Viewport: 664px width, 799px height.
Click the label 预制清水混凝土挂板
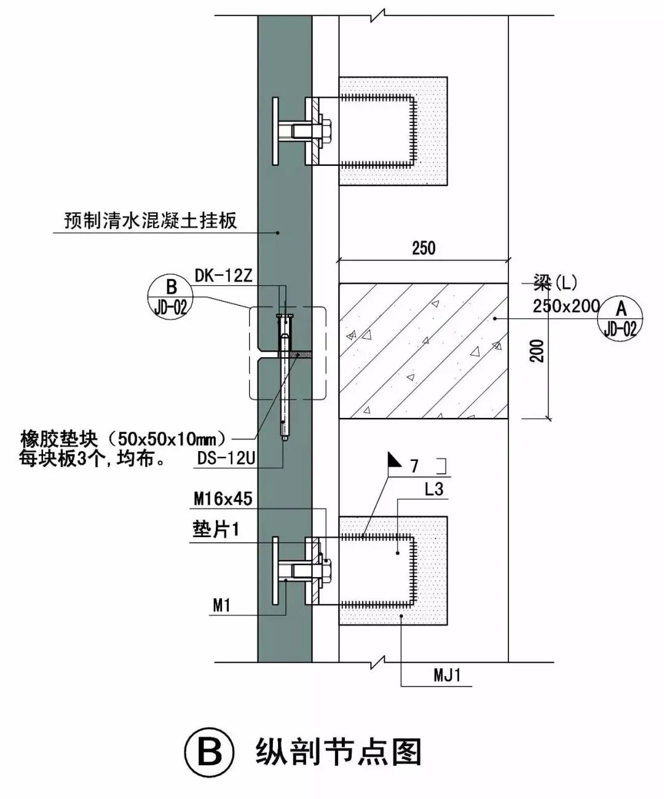(151, 221)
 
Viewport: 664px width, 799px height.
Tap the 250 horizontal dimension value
(424, 248)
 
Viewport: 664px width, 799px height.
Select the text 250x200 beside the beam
(566, 306)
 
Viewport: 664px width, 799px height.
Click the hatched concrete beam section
(423, 350)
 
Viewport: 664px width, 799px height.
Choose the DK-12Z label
(223, 276)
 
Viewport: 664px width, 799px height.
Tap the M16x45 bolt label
(223, 498)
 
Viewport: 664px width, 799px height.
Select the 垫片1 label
(216, 529)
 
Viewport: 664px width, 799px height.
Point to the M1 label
(221, 605)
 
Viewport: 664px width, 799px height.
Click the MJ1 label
(447, 675)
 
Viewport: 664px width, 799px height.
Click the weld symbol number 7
(414, 466)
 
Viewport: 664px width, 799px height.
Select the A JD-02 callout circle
(621, 318)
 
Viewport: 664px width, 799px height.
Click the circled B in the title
(210, 752)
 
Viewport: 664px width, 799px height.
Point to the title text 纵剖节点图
(338, 752)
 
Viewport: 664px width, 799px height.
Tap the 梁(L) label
(555, 283)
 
